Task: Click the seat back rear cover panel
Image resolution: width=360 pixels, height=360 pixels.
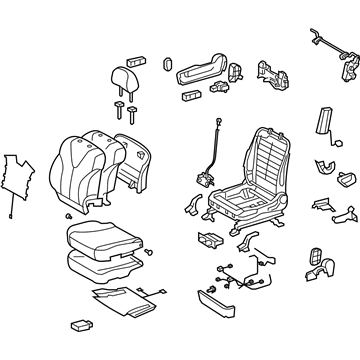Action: (x=132, y=159)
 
